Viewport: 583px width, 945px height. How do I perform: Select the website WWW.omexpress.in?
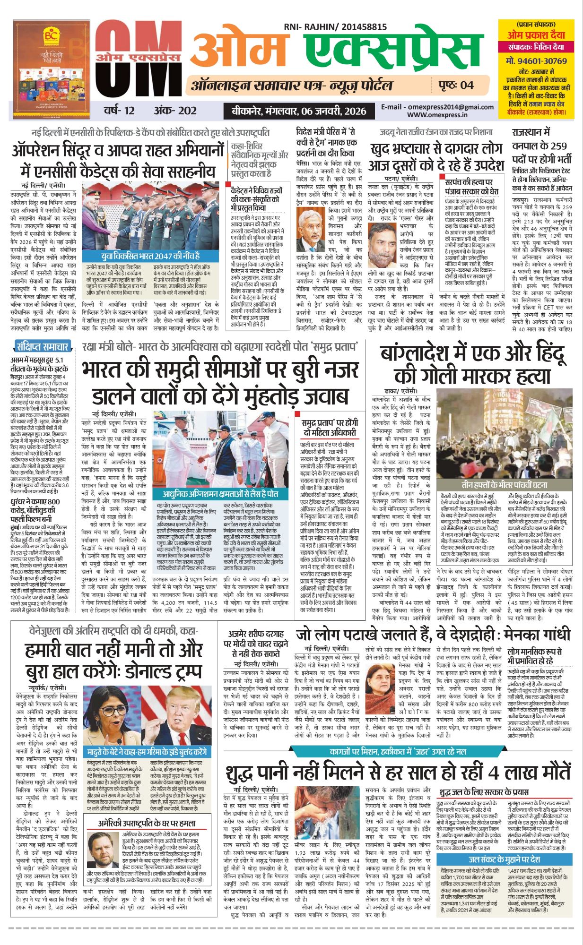click(x=437, y=114)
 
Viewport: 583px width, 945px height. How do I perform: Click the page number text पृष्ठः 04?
click(x=452, y=85)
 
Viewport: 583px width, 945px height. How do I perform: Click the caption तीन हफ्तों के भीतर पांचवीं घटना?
click(x=504, y=485)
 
